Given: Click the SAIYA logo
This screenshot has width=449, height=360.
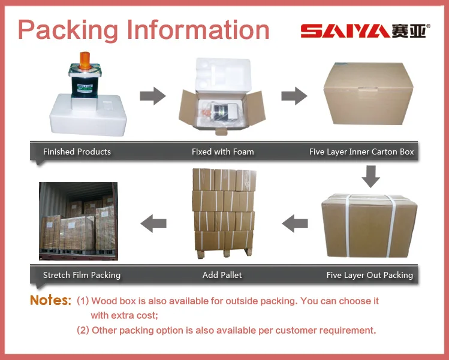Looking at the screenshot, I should tap(363, 30).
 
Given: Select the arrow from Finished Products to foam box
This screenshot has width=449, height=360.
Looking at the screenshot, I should tap(152, 96).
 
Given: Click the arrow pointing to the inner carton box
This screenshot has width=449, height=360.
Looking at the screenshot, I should tap(294, 96).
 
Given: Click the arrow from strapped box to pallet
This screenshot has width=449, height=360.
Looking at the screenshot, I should tap(295, 225).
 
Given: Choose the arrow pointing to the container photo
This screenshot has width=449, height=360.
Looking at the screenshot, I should tap(153, 225).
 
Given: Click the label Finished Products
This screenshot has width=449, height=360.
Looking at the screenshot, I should tap(77, 152).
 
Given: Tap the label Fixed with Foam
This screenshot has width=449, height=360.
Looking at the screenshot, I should tap(223, 152).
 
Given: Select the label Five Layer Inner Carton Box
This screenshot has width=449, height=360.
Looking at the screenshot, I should tap(361, 152).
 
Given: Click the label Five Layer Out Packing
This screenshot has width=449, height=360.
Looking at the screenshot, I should tap(369, 275).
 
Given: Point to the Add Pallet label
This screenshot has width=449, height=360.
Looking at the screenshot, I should tap(222, 275).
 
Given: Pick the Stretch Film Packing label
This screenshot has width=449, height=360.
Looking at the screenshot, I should tap(82, 275).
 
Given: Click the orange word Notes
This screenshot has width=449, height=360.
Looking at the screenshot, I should tap(50, 300).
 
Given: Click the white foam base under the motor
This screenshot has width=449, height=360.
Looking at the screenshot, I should tap(91, 114).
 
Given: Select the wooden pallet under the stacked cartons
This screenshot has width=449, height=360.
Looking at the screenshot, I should tap(224, 252).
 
